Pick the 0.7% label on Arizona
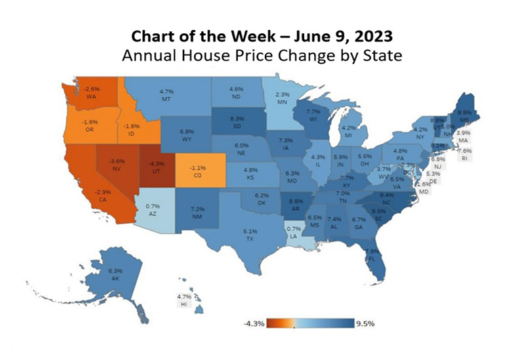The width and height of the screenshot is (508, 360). (x=152, y=205)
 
